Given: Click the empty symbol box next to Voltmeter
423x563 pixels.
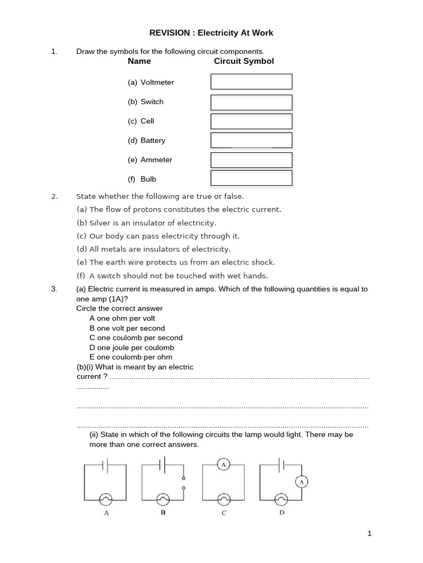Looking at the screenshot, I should [251, 82].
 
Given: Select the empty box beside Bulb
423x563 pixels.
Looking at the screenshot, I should [251, 178].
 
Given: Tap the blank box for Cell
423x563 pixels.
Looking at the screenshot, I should [251, 121].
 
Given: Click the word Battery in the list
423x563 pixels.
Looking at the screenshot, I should [153, 140].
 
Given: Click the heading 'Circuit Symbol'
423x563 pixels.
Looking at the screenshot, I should [243, 61].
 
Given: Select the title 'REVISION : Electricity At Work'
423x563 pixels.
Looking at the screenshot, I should [211, 33].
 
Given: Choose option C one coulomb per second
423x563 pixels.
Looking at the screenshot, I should [136, 338].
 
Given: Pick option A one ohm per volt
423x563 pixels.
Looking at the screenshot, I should [122, 318].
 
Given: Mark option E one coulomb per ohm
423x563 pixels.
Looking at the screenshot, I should [131, 357].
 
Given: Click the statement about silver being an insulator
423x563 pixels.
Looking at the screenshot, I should [147, 223].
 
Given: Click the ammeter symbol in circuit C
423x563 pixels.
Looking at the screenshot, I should [224, 465].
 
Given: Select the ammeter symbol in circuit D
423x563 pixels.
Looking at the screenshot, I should [301, 482].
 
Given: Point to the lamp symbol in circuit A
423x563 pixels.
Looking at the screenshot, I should [105, 499].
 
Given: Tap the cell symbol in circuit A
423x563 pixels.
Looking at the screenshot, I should [106, 465].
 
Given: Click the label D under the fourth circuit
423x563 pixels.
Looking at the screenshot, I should [281, 512].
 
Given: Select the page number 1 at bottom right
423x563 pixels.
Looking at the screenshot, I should [370, 533].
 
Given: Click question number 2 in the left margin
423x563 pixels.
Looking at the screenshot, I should [54, 196].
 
